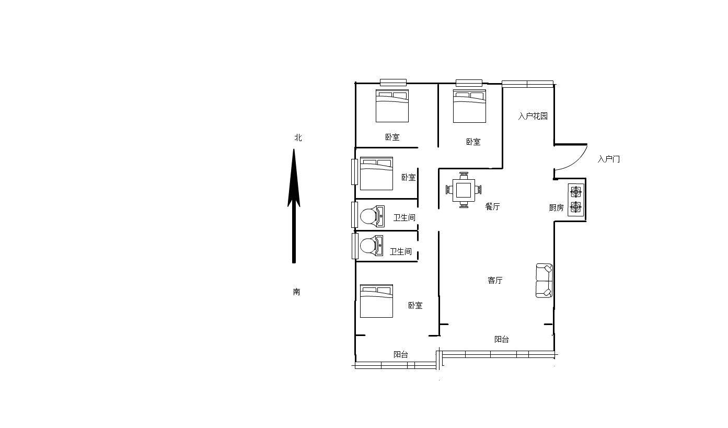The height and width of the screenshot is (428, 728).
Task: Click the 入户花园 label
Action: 533,116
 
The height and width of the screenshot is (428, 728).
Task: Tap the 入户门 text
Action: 608,159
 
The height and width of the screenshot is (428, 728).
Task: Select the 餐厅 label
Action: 492,206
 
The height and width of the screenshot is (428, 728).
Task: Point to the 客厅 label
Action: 495,280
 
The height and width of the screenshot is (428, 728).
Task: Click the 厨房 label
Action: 556,207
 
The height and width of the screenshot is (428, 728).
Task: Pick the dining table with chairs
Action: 464,190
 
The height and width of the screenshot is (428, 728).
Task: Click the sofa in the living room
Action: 544,281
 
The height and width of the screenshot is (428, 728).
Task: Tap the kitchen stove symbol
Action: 576,200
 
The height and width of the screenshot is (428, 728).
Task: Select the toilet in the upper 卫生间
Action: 373,216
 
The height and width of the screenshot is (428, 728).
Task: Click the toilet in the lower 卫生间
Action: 372,246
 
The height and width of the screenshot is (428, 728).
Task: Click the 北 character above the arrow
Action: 298,138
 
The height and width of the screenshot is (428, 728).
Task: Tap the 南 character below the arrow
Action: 296,292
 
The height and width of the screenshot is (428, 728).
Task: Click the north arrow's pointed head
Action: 294,149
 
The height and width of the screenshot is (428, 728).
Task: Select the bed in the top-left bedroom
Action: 392,106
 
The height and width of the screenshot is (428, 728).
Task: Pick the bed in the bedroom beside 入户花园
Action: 469,106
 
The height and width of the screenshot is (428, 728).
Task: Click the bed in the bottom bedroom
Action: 376,301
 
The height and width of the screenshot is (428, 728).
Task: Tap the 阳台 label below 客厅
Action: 502,339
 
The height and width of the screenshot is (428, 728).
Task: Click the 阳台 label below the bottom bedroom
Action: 401,354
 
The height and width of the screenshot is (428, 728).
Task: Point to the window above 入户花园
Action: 527,84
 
